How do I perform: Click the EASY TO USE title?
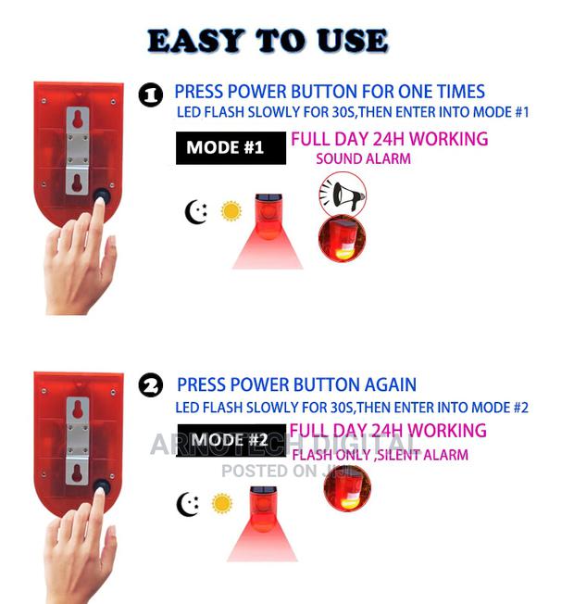[x=267, y=41]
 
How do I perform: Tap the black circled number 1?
[x=150, y=95]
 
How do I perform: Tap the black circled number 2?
[x=150, y=386]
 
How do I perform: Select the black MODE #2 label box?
[x=231, y=440]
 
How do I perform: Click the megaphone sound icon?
[x=342, y=194]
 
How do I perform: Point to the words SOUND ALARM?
[x=363, y=159]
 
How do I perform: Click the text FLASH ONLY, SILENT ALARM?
[x=380, y=455]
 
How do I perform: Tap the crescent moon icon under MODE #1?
[x=196, y=212]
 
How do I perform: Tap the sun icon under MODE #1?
[x=231, y=211]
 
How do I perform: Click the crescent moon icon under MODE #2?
[x=188, y=504]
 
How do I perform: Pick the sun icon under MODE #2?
[x=222, y=503]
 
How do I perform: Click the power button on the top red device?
[x=99, y=195]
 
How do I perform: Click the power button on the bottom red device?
[x=99, y=486]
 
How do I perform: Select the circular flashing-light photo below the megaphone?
[x=342, y=239]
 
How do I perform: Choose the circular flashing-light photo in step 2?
[x=347, y=488]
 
